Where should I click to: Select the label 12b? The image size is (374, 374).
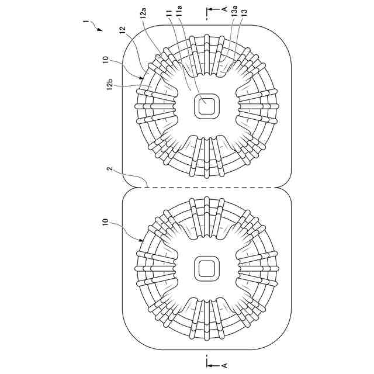109,86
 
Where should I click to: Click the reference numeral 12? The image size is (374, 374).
122,29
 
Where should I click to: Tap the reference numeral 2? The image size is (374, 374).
108,169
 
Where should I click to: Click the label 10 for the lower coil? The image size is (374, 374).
105,223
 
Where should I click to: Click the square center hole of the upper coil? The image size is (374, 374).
206,106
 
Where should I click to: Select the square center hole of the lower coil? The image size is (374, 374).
206,268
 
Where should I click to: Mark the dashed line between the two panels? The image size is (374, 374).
206,187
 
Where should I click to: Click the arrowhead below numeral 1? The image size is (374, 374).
99,29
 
